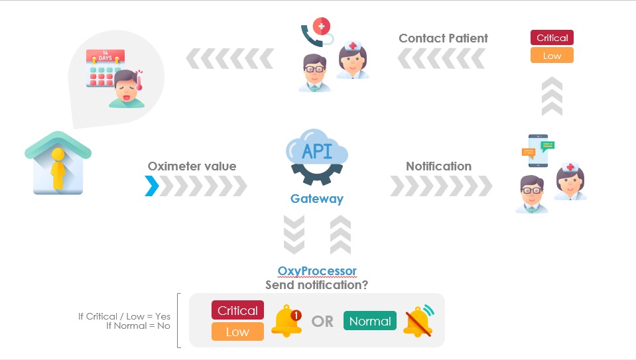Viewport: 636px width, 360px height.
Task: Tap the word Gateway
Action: tap(317, 198)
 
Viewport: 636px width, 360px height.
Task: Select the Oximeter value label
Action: tap(192, 166)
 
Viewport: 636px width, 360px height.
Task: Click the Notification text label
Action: tap(438, 166)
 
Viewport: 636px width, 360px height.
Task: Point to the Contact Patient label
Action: tap(443, 38)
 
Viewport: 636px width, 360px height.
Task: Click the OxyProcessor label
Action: tap(317, 271)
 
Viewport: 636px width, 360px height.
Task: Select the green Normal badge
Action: tap(369, 322)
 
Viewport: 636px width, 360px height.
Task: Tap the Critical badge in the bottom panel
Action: tap(237, 310)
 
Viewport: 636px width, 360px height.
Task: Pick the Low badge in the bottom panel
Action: tap(237, 331)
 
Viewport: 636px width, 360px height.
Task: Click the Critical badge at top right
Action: tap(552, 38)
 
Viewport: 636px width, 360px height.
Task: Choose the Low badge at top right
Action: tap(552, 56)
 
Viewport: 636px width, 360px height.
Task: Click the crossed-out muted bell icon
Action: tap(417, 320)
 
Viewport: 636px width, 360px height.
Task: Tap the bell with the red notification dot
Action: tap(286, 322)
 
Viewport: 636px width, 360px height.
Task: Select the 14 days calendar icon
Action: tap(103, 70)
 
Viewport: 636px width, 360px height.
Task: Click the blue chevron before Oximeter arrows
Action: tap(152, 186)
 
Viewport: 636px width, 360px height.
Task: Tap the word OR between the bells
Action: tap(322, 322)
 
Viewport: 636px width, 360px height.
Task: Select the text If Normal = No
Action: tap(138, 326)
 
